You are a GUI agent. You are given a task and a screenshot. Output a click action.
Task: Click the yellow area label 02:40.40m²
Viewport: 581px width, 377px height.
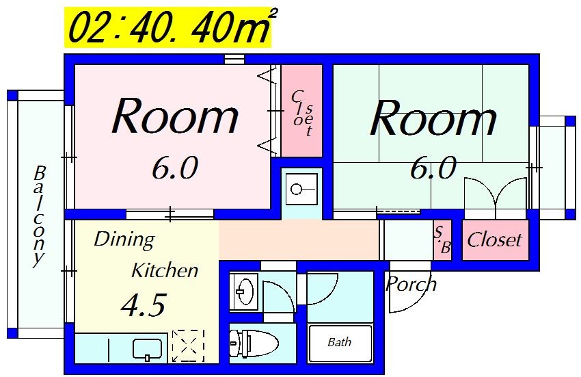click(168, 28)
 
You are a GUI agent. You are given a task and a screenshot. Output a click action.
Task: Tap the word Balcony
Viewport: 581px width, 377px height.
click(38, 216)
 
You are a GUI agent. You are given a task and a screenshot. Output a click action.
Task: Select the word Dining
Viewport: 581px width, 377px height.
click(124, 240)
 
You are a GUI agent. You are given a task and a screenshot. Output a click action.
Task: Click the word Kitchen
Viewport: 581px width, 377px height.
click(165, 270)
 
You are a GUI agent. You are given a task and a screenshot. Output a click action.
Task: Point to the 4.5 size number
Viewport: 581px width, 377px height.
click(144, 305)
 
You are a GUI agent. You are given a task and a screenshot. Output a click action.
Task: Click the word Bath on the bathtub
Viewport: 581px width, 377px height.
click(340, 341)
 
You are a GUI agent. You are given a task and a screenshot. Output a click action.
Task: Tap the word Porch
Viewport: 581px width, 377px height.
click(411, 284)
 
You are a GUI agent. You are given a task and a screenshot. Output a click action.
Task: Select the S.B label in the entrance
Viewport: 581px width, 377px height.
click(442, 239)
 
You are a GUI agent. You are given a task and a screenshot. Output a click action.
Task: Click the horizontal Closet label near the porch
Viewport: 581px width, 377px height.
click(494, 239)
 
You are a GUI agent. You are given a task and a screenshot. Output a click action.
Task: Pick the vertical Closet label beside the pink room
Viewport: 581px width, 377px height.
click(302, 113)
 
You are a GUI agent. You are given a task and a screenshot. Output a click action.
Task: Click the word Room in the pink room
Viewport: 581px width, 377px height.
click(175, 116)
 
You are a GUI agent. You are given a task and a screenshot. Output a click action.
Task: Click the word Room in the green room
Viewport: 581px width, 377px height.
click(433, 118)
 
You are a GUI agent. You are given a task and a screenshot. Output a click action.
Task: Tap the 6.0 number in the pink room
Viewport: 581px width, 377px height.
click(174, 168)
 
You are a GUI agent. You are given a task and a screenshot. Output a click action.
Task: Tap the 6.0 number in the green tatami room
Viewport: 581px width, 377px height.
click(433, 168)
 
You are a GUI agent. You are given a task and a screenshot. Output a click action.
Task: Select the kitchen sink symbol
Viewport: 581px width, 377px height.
click(147, 350)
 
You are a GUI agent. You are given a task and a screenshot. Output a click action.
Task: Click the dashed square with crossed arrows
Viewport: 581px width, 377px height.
click(188, 346)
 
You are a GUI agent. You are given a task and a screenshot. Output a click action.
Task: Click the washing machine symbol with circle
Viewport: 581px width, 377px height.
click(301, 190)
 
